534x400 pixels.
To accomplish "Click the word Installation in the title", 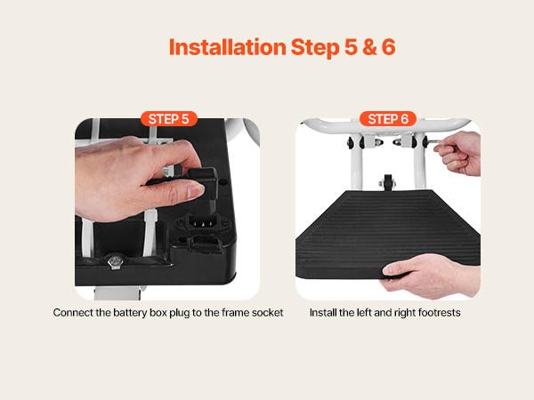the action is [x=227, y=47].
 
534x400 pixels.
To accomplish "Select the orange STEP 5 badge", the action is [x=169, y=119].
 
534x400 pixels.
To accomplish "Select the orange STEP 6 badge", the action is [x=388, y=119].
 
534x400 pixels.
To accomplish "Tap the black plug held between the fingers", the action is [x=201, y=180].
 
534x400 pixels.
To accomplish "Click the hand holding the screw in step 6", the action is [x=459, y=153].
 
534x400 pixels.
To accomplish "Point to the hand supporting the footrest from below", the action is [x=431, y=276].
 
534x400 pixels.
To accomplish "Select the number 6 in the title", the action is [x=389, y=47].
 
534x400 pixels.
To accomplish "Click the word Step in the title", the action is [x=315, y=48].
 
